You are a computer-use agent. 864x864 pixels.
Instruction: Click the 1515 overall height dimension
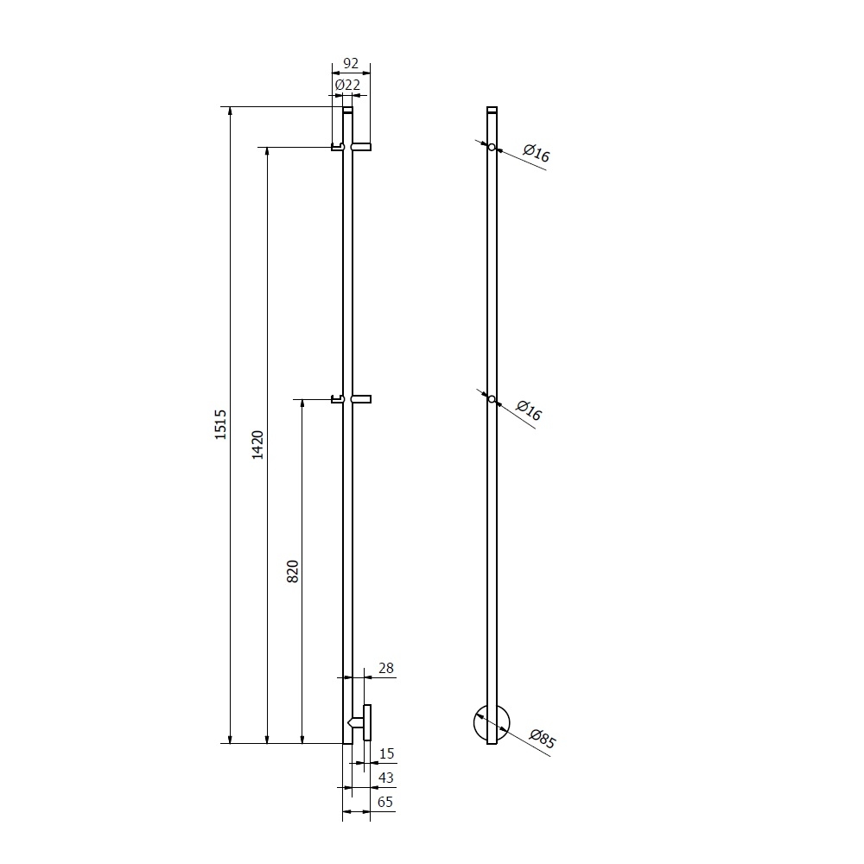(220, 424)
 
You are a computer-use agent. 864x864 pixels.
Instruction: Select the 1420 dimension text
(257, 445)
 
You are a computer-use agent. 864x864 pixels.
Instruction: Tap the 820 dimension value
(293, 571)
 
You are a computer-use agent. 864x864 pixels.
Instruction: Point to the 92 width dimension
(351, 63)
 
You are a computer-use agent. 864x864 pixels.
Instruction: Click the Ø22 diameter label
(347, 85)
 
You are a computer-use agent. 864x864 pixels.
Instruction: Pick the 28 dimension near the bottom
(386, 668)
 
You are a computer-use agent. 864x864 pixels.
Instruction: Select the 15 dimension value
(387, 753)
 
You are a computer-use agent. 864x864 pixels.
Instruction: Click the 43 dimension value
(386, 778)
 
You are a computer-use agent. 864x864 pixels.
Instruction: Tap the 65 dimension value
(385, 802)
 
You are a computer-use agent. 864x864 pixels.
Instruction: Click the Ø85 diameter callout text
(543, 739)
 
